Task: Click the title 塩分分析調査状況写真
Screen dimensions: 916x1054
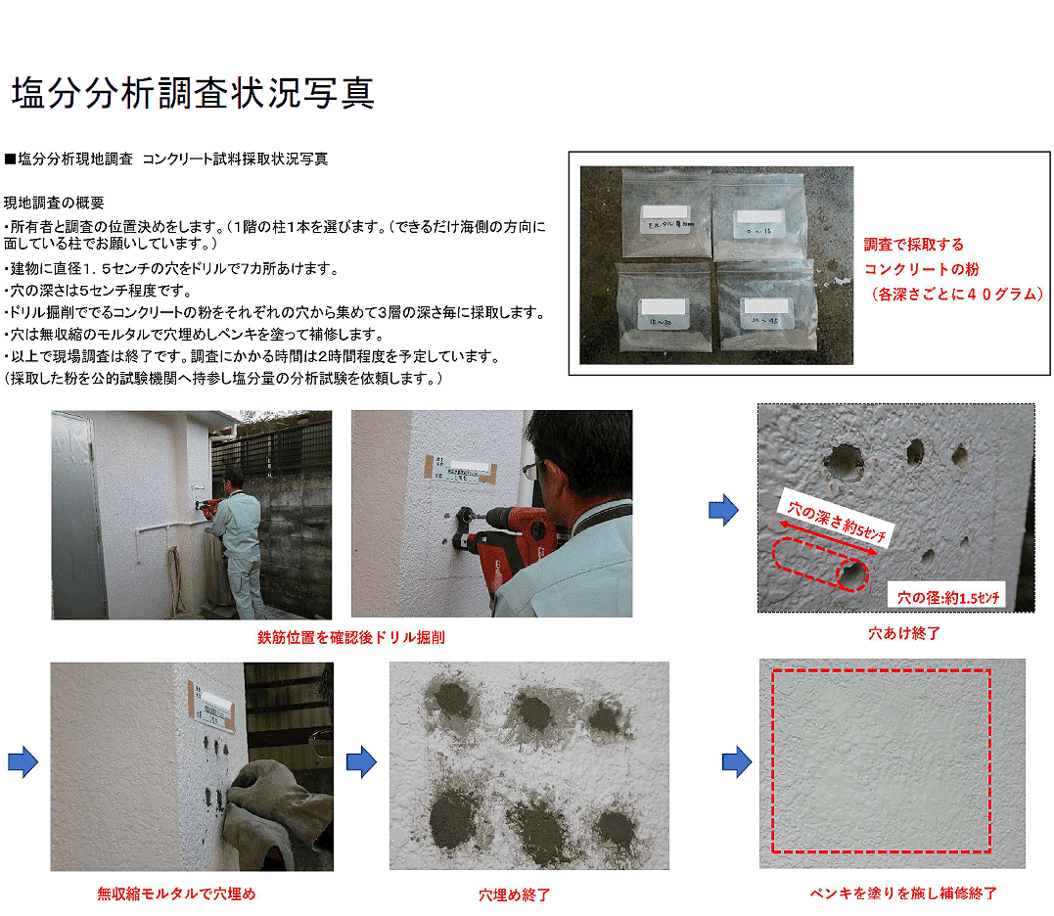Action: tap(193, 93)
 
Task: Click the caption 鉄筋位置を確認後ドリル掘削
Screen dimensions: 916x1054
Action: tap(350, 638)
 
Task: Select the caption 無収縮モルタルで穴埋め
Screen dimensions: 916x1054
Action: tap(176, 893)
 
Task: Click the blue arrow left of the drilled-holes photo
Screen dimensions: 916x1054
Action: tap(723, 509)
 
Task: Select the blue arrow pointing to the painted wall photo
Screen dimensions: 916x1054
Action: tap(737, 761)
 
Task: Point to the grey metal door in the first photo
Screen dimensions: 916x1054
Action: tap(78, 514)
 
